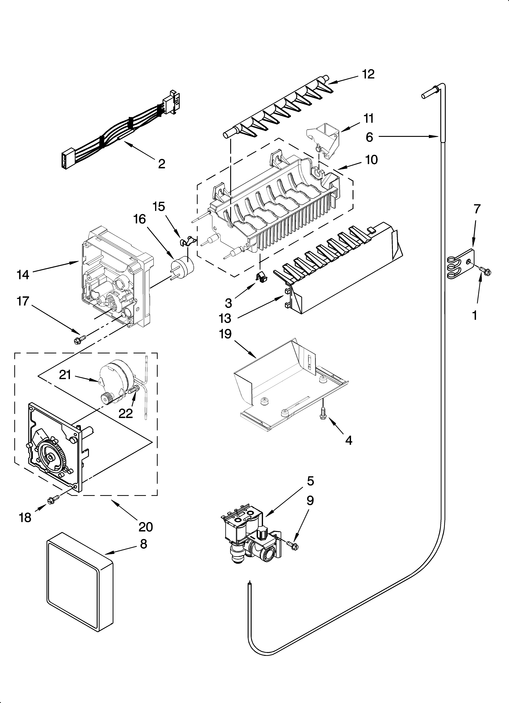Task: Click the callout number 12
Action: click(x=368, y=74)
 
